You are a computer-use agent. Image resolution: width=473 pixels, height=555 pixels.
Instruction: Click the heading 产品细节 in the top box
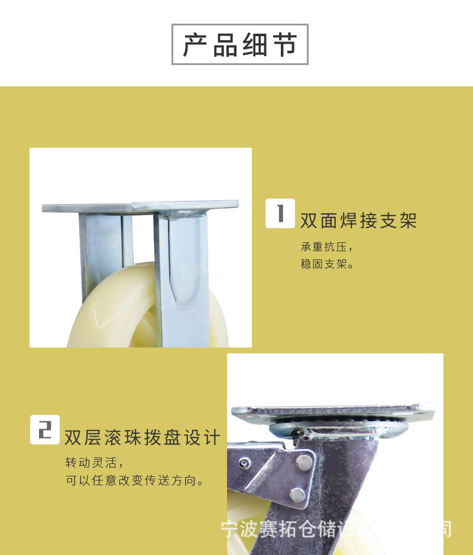(x=239, y=44)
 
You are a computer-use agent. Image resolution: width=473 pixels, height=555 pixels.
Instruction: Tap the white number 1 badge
(x=280, y=213)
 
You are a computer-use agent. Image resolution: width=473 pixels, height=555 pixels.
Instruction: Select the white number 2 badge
(x=45, y=430)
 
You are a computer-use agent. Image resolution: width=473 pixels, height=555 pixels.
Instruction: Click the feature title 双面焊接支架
(x=358, y=220)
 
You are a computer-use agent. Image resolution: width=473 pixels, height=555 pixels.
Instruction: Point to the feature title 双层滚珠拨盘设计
(x=142, y=437)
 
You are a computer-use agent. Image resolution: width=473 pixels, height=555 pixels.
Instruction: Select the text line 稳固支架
(x=327, y=264)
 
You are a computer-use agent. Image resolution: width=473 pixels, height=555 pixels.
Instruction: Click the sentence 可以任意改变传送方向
(x=135, y=480)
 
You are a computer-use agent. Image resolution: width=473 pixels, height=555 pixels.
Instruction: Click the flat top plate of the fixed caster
(x=140, y=207)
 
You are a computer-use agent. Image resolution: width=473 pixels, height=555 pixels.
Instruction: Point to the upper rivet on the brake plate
(x=304, y=461)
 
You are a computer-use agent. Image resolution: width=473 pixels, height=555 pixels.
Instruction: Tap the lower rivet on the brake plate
(x=298, y=494)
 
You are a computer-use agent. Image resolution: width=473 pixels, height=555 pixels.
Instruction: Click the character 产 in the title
(x=196, y=45)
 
